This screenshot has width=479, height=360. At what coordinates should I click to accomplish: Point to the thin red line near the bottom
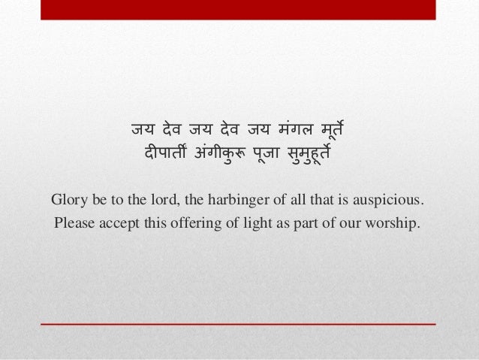pyautogui.click(x=239, y=323)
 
